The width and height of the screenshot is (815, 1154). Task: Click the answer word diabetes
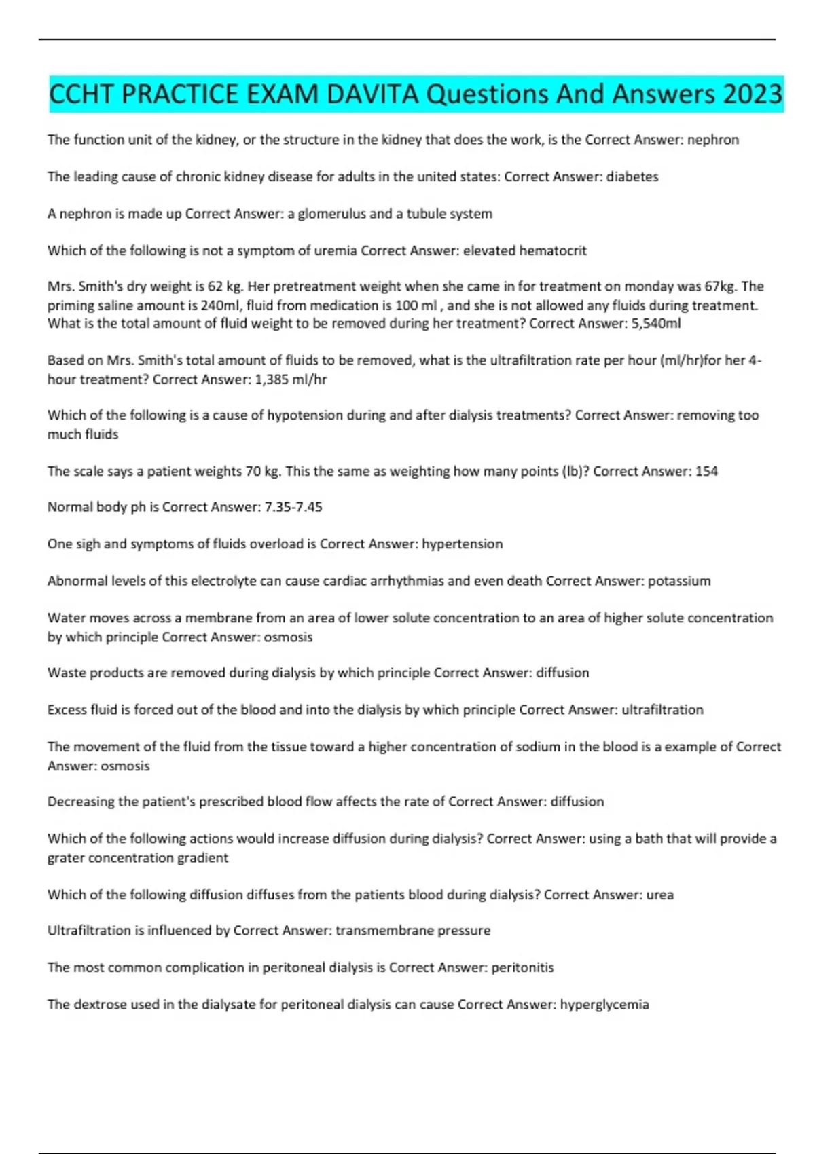pos(632,176)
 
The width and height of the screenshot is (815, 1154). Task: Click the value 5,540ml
pos(656,324)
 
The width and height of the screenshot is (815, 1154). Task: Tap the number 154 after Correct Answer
pos(706,471)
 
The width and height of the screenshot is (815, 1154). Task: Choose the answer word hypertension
pos(463,544)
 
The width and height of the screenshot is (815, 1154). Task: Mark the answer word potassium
pos(679,581)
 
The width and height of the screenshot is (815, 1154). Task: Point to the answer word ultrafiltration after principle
pos(662,710)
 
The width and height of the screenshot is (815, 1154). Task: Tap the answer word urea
pos(660,895)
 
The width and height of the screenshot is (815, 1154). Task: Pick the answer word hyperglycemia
pos(604,1005)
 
